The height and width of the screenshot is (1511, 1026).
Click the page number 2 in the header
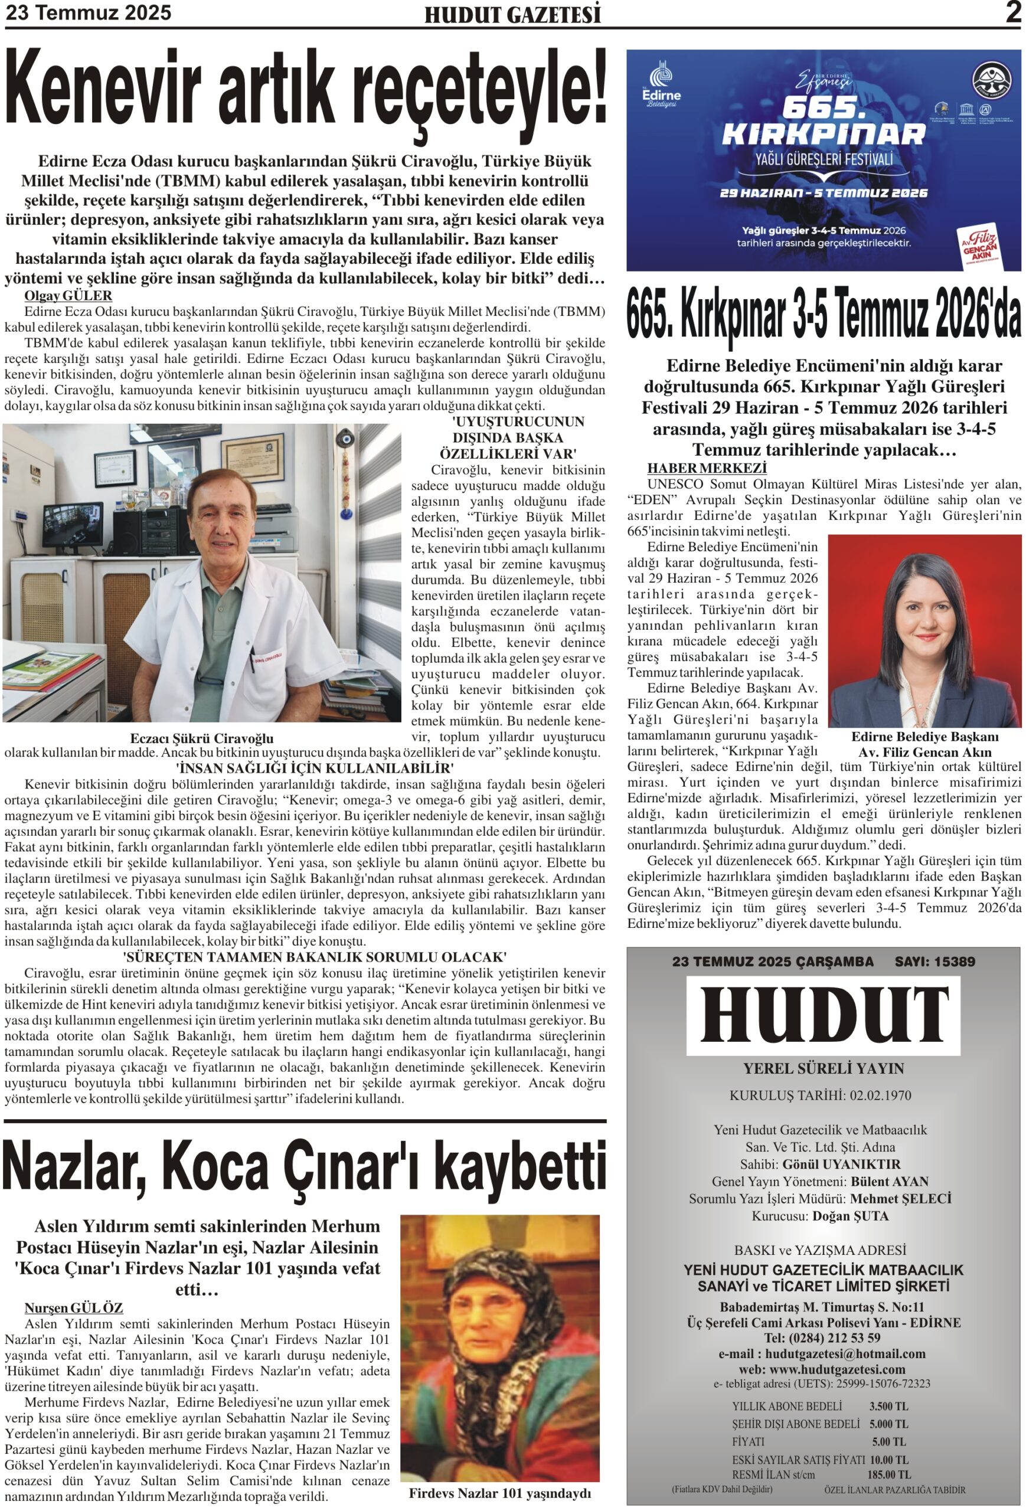[x=1012, y=12]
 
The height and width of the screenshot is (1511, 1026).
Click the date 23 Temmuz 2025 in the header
[x=89, y=12]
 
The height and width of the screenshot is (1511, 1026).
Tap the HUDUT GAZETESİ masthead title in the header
[x=512, y=15]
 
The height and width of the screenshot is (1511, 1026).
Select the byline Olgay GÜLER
[x=68, y=296]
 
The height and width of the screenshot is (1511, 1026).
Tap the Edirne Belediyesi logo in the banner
[x=661, y=86]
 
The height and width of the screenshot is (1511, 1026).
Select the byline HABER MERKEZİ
[x=707, y=468]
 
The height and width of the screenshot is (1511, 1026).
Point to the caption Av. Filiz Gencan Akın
[x=924, y=752]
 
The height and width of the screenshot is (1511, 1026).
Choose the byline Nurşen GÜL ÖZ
[x=73, y=1308]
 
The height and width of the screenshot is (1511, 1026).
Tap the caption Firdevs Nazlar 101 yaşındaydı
[x=499, y=1493]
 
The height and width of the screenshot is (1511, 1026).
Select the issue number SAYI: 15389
[x=934, y=961]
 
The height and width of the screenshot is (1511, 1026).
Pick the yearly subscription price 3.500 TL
[x=888, y=1406]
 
